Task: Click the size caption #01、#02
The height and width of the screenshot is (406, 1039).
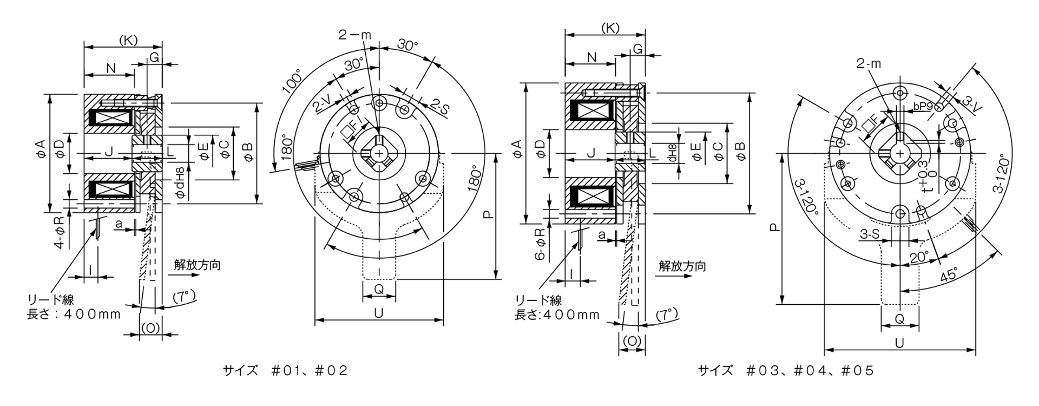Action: click(285, 371)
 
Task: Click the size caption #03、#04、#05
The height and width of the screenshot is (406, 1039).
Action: click(786, 371)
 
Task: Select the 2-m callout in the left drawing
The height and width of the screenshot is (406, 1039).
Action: click(355, 35)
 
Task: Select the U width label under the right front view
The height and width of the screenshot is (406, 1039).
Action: click(899, 343)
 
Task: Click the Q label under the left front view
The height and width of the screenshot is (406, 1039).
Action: click(379, 290)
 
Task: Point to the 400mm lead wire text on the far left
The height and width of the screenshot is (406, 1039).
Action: click(74, 314)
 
